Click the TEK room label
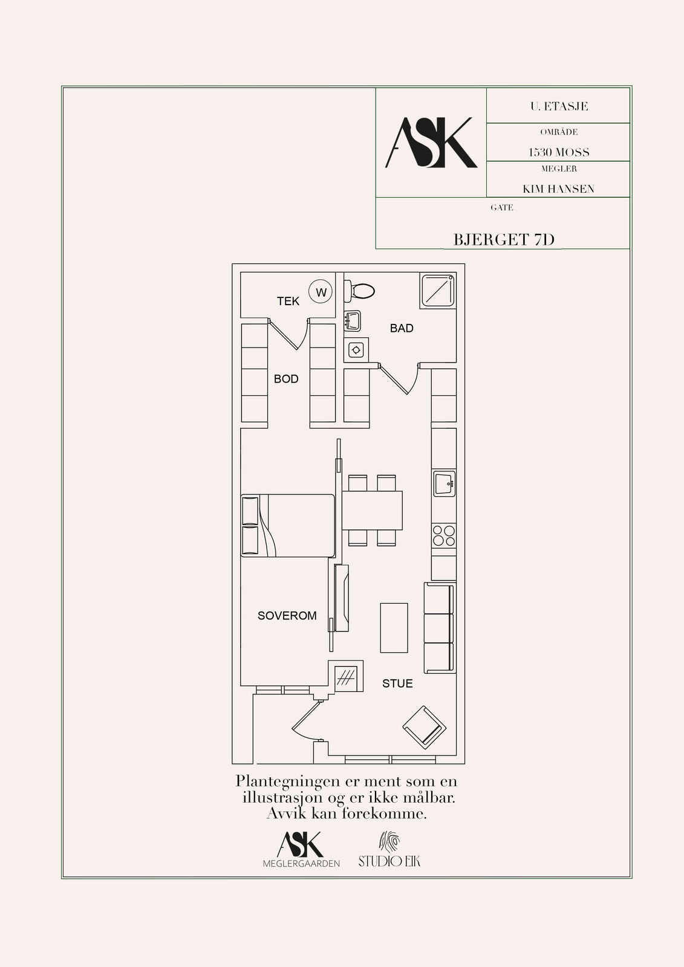point(288,302)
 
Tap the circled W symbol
point(321,293)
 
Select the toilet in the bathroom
point(359,291)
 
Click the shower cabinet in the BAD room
point(438,291)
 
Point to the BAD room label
point(402,329)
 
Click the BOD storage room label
point(286,379)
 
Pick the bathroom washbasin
point(353,321)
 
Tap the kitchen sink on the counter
point(444,484)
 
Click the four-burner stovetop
point(444,535)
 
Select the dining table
point(372,510)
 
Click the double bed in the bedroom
point(288,525)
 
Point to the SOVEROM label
point(287,616)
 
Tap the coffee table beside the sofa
point(394,628)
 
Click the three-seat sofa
point(440,628)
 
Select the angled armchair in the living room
point(425,728)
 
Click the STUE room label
point(397,684)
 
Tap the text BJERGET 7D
point(503,239)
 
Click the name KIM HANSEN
point(558,189)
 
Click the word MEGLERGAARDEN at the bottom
point(301,864)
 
